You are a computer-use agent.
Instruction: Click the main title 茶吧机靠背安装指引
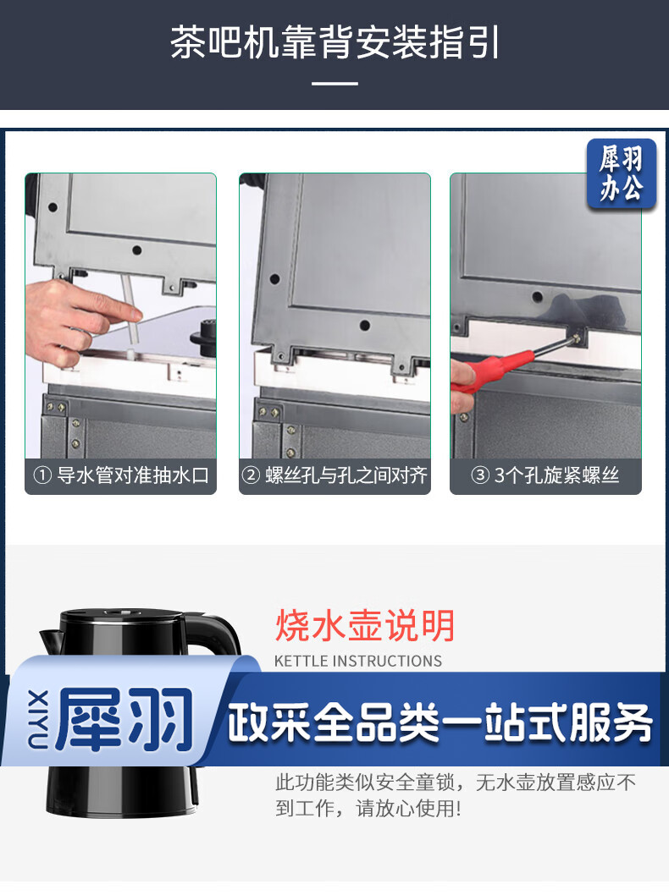[334, 41]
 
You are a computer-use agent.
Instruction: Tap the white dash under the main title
[334, 84]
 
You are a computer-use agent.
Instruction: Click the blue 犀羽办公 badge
[621, 173]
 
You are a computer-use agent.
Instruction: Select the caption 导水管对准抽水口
[133, 475]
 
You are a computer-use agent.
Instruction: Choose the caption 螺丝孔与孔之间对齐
[346, 475]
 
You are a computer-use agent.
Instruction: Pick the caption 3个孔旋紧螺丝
[556, 475]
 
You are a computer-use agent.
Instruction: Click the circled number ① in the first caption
[43, 475]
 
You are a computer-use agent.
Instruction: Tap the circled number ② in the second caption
[251, 475]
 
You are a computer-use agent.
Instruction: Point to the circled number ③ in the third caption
[480, 475]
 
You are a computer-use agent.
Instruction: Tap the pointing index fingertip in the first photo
[135, 313]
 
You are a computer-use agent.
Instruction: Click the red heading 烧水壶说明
[365, 626]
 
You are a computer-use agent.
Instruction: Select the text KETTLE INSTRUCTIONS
[358, 661]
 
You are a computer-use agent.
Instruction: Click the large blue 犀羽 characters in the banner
[124, 719]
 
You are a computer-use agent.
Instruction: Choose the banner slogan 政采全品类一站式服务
[440, 722]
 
